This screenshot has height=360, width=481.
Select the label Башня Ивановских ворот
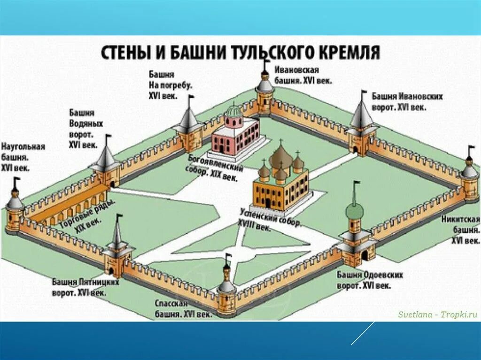pos(407,101)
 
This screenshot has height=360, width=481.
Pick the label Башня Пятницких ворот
pos(85,287)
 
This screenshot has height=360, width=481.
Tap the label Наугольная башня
pos(23,157)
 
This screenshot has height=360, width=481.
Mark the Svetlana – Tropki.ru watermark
pos(437,314)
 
